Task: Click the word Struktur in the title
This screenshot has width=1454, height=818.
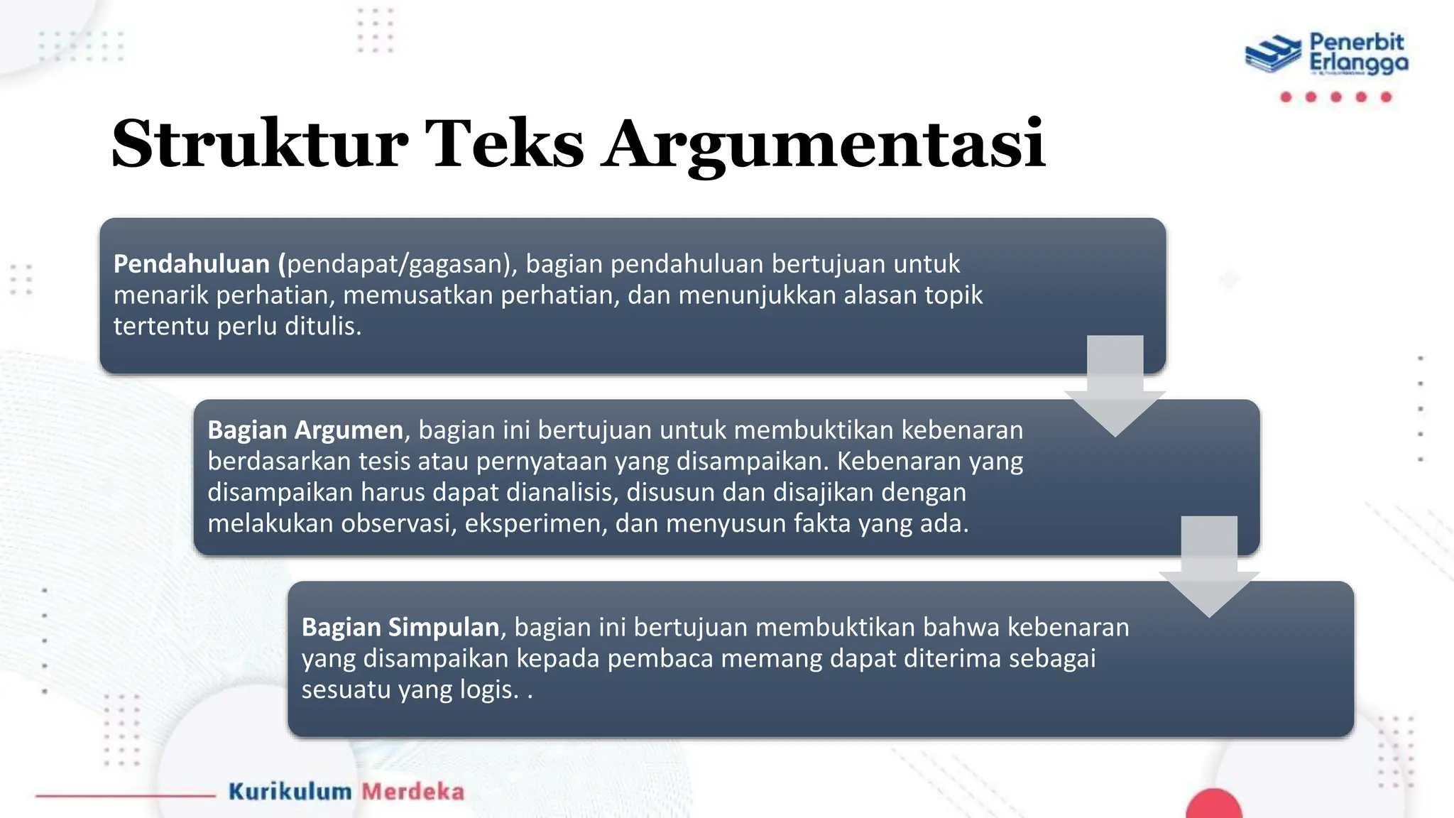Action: pyautogui.click(x=260, y=144)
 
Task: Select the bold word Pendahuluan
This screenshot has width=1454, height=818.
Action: pyautogui.click(x=192, y=264)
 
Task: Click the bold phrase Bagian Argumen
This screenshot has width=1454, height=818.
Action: pyautogui.click(x=305, y=430)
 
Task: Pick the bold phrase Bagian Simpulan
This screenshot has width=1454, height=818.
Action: pyautogui.click(x=400, y=628)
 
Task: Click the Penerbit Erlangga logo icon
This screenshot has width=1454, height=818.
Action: pyautogui.click(x=1274, y=53)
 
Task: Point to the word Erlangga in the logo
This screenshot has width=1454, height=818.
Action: pyautogui.click(x=1358, y=64)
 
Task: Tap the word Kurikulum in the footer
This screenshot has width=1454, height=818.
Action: pyautogui.click(x=290, y=792)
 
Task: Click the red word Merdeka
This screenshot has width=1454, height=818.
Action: pyautogui.click(x=412, y=792)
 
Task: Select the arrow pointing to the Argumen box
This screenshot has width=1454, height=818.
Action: pyautogui.click(x=1115, y=387)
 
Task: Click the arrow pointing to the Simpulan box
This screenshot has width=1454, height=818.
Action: pyautogui.click(x=1209, y=568)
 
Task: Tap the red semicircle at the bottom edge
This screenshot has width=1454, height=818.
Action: pyautogui.click(x=1213, y=806)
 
